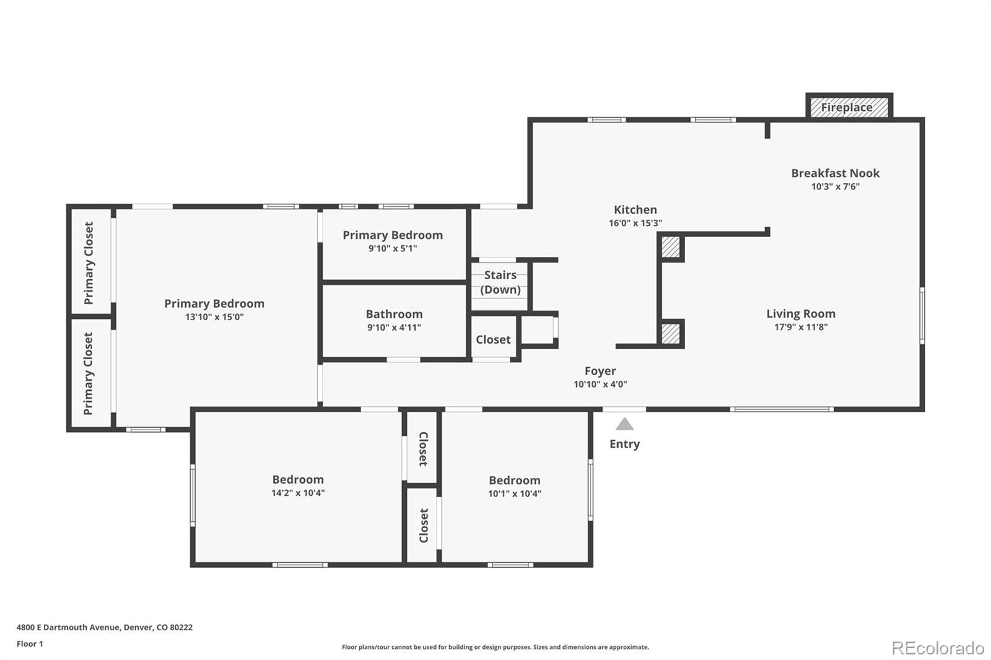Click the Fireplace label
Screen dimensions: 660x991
pos(847,107)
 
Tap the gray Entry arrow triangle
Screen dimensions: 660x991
pos(624,424)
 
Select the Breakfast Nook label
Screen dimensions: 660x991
pos(835,173)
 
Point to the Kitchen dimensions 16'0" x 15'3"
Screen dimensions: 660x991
pos(635,224)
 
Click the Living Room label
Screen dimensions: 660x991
pos(800,314)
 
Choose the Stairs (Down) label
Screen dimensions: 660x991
pos(500,282)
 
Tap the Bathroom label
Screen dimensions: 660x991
pos(394,315)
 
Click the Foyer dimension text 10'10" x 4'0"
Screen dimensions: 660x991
pos(600,384)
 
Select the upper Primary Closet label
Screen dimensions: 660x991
pos(89,263)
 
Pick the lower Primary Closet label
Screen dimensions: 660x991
pos(89,373)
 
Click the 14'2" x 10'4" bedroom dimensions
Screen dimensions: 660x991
pos(297,493)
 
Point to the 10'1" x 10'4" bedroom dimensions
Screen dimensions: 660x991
pos(514,494)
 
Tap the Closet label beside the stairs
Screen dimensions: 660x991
pos(493,340)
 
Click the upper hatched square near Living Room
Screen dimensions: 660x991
pos(671,247)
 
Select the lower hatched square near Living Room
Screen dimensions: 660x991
pos(671,334)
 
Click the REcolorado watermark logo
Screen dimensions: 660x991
pos(937,648)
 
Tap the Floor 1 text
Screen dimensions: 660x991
pos(30,644)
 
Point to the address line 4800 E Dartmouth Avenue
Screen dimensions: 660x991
pos(104,627)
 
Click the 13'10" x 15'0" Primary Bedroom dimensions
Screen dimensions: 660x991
pos(214,317)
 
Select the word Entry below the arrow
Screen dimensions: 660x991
pos(624,444)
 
